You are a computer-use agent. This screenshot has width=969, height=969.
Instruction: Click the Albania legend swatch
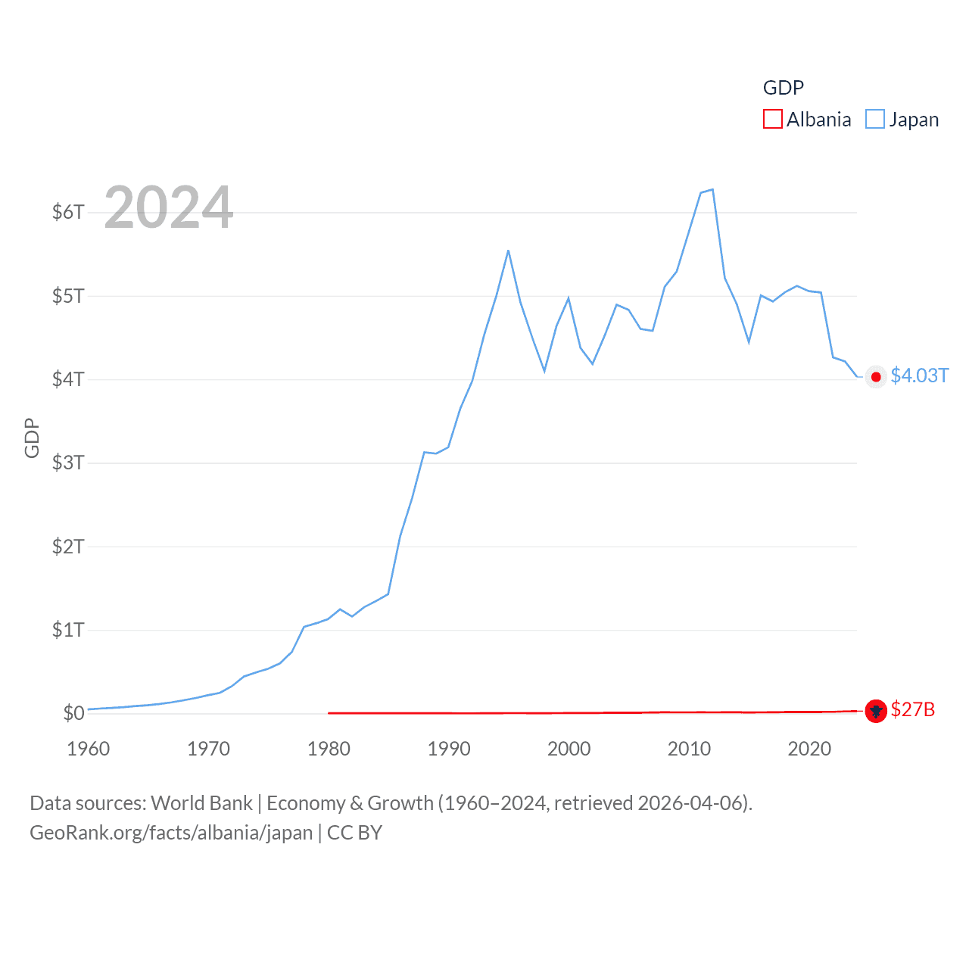[772, 120]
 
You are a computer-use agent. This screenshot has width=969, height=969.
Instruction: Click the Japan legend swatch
[875, 120]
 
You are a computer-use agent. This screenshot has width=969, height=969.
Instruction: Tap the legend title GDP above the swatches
[783, 88]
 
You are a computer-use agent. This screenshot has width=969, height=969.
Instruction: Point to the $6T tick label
[68, 212]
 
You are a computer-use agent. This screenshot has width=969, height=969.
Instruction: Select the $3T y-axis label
[68, 463]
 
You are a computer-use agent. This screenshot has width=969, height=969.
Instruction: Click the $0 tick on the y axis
[73, 713]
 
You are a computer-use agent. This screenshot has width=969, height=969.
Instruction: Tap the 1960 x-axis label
[89, 749]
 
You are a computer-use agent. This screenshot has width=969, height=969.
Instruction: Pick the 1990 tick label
[449, 749]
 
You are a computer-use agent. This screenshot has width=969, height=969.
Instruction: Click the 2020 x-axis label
[809, 749]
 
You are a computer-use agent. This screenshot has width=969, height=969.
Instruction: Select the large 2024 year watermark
[168, 207]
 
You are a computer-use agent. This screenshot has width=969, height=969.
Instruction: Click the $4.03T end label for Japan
[919, 376]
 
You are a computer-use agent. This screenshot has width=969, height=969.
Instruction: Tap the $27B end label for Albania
[912, 710]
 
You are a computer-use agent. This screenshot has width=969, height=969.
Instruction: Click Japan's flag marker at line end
[876, 377]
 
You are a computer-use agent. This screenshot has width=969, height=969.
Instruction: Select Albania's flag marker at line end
[876, 711]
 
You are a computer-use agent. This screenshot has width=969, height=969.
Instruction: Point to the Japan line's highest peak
[712, 189]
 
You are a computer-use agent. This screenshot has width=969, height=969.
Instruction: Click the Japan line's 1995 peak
[508, 251]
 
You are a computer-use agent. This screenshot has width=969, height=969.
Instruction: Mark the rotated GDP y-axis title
[32, 438]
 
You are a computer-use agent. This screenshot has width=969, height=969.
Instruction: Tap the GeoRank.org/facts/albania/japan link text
[171, 833]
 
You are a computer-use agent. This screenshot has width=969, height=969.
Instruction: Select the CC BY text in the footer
[354, 833]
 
